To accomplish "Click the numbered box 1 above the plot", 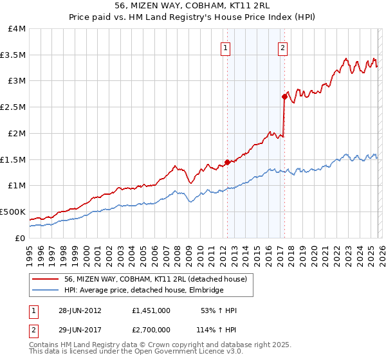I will coord(226,47).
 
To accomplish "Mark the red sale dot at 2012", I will coord(227,162).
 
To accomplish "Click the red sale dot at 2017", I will coord(284,96).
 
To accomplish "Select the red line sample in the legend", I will coord(46,278).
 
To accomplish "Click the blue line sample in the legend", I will coord(46,291).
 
